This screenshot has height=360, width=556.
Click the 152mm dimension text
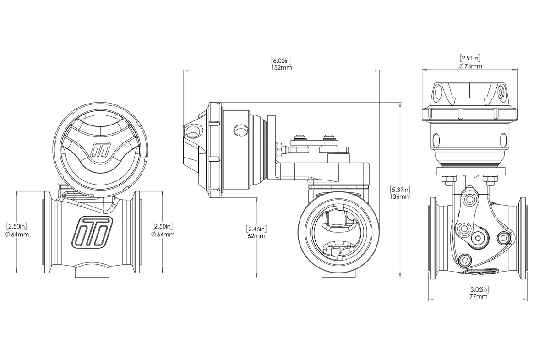pyautogui.click(x=282, y=67)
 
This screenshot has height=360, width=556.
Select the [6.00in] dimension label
pyautogui.click(x=282, y=60)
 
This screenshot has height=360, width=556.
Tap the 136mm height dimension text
pyautogui.click(x=400, y=196)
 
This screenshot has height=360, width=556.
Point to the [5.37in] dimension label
pyautogui.click(x=400, y=189)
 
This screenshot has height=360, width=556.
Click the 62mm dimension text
pyautogui.click(x=256, y=236)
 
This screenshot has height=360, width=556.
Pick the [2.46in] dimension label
pyautogui.click(x=256, y=229)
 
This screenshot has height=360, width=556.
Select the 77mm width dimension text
pyautogui.click(x=478, y=296)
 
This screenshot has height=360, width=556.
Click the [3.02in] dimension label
pyautogui.click(x=478, y=289)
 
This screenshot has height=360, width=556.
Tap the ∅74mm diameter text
pyautogui.click(x=470, y=66)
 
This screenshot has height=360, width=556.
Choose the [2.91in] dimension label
pyautogui.click(x=470, y=58)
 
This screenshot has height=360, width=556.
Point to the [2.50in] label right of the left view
pyautogui.click(x=163, y=226)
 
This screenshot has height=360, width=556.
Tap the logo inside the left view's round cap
pyautogui.click(x=99, y=152)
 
